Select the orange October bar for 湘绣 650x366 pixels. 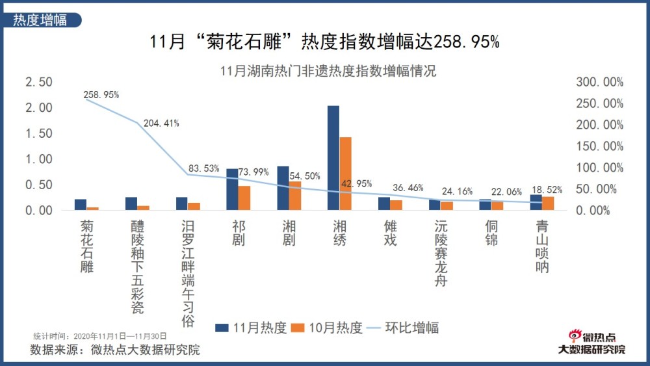pos(345,174)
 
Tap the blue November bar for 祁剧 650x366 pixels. pos(232,189)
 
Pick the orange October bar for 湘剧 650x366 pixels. pos(294,196)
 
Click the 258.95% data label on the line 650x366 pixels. pos(101,95)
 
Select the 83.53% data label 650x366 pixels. pos(202,168)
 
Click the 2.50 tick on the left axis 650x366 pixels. pos(38,83)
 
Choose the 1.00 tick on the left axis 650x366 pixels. pos(38,159)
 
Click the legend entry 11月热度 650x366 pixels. pos(252,327)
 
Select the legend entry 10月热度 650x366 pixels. pos(327,327)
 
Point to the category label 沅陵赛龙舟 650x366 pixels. pos(441,254)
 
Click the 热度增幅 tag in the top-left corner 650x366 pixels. pos(40,20)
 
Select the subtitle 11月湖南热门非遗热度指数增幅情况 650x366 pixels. pos(328,71)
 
